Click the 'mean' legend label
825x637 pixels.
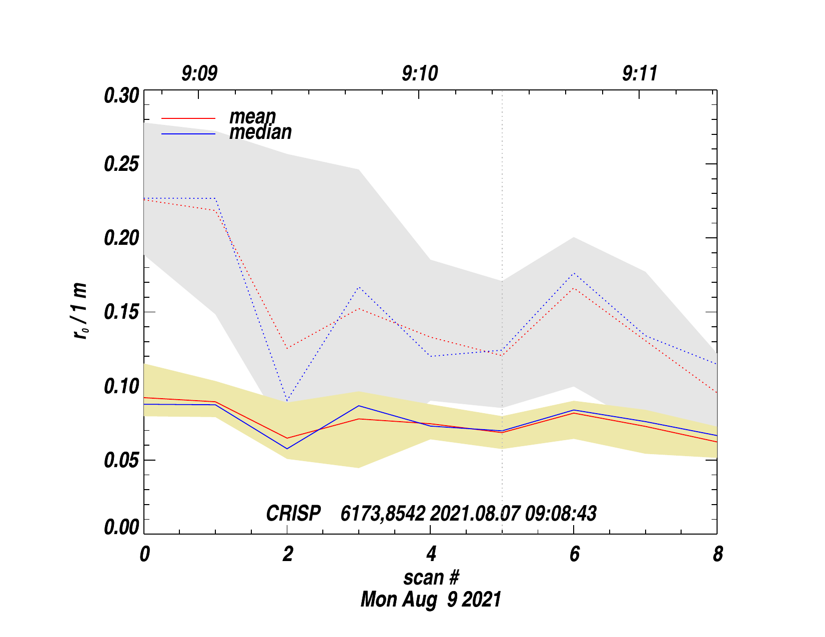click(252, 116)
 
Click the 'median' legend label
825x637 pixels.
click(260, 132)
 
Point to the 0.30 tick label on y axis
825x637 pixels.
click(121, 95)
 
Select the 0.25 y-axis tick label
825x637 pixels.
click(121, 164)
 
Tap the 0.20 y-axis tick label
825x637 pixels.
click(121, 238)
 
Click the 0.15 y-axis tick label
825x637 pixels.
click(121, 312)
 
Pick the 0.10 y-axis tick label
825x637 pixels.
click(121, 386)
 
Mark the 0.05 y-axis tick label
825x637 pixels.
click(121, 460)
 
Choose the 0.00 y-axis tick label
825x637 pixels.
click(121, 528)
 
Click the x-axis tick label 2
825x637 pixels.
click(287, 554)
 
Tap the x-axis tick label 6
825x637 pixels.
click(574, 554)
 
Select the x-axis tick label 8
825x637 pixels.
click(718, 554)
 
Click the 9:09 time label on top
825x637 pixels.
click(199, 74)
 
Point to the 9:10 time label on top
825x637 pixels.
click(420, 74)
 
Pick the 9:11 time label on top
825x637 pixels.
click(640, 74)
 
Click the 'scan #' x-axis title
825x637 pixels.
click(431, 578)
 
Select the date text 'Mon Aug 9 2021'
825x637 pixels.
click(431, 599)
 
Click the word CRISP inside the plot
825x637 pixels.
click(293, 514)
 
